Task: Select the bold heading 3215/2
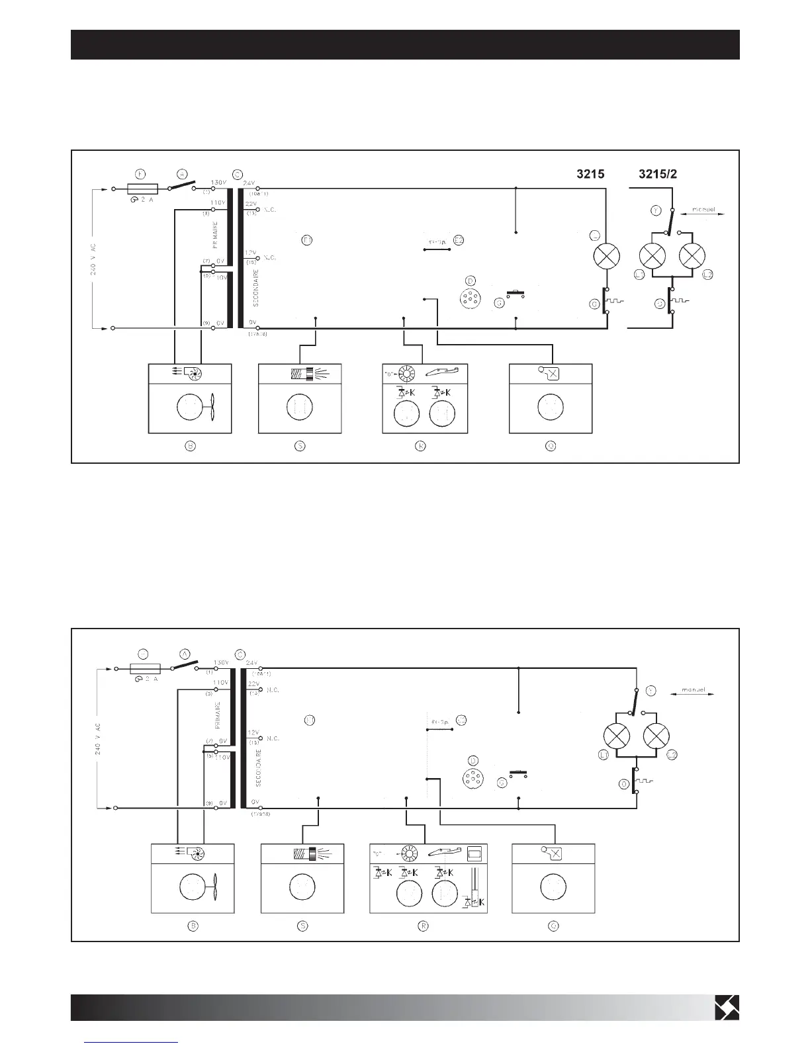coord(657,175)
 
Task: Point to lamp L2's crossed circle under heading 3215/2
coord(693,256)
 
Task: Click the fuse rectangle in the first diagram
coord(141,189)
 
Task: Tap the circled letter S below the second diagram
coord(302,926)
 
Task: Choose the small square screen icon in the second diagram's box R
coord(474,853)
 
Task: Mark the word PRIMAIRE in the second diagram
coord(218,715)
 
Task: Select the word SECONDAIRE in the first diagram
coord(255,286)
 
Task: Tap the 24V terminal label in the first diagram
coord(249,183)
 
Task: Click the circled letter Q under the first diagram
coord(550,446)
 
